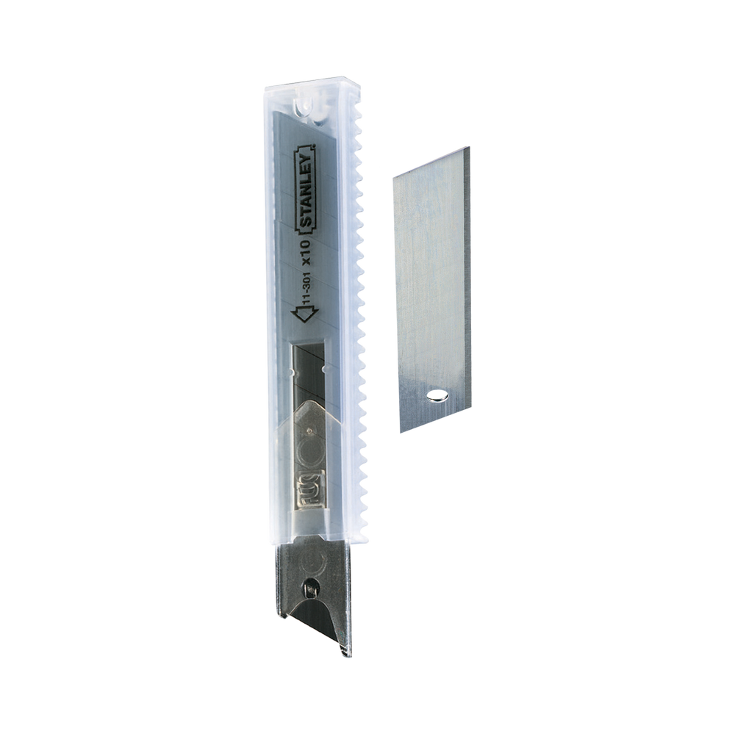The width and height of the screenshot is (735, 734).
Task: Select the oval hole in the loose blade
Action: pos(438,396)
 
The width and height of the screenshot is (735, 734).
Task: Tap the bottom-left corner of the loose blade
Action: pos(401,432)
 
